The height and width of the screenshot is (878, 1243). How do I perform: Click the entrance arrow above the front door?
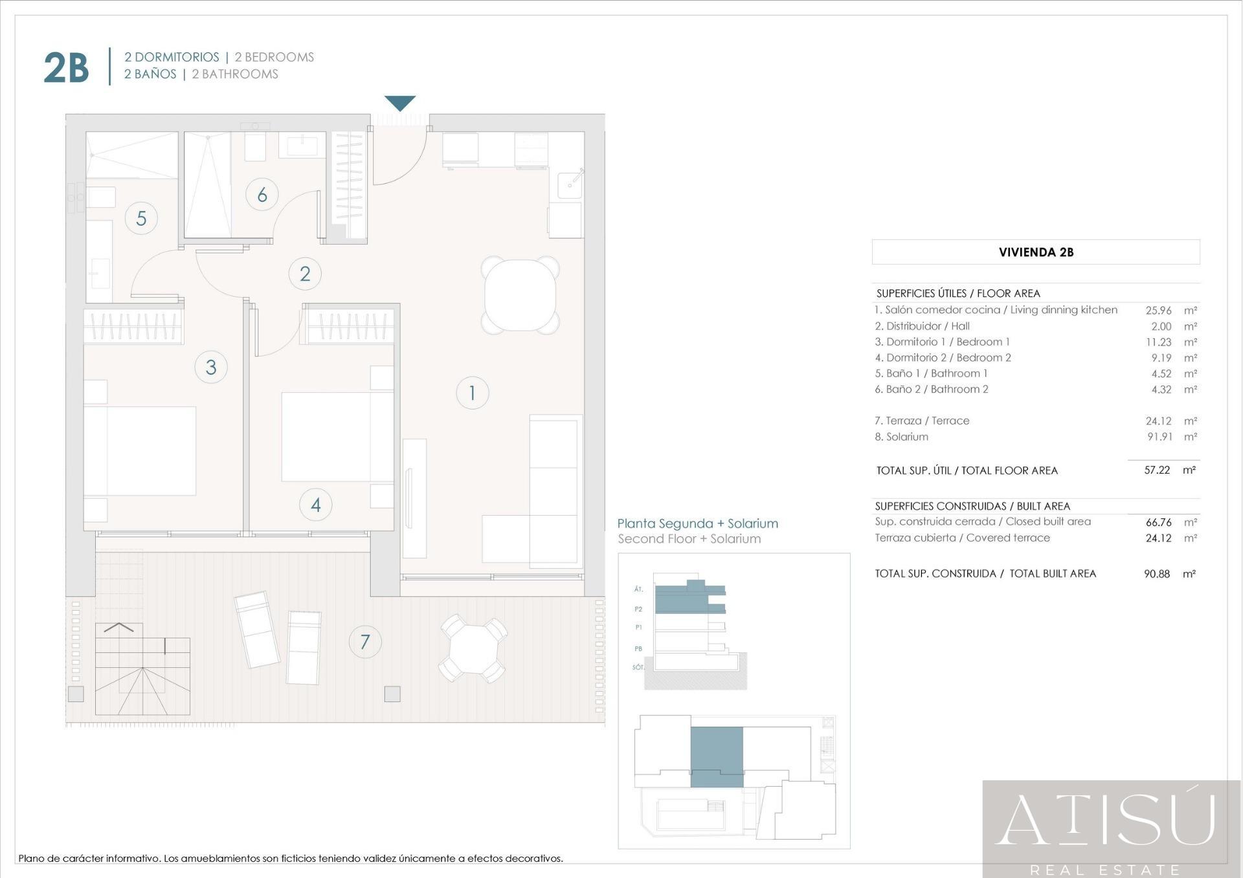[x=400, y=102]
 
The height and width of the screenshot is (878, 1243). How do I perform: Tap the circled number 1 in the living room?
[x=472, y=393]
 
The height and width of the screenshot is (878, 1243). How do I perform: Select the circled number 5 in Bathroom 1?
[x=141, y=218]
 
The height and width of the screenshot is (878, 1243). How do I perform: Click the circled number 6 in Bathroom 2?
[x=262, y=194]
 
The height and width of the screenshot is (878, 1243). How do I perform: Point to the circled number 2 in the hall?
[x=305, y=274]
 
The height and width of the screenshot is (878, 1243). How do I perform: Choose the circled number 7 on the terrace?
[x=365, y=642]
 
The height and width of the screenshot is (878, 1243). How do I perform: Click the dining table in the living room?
[x=520, y=295]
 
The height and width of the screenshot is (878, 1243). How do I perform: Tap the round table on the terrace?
[x=473, y=648]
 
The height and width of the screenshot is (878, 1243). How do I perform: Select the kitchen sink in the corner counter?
[x=570, y=184]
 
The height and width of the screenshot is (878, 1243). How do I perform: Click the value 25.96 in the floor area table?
[x=1158, y=311]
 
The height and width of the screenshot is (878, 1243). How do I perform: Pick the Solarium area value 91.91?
[x=1159, y=437]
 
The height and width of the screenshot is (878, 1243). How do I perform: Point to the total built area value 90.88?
[x=1157, y=574]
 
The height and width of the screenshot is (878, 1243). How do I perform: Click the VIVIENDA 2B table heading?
[x=1036, y=252]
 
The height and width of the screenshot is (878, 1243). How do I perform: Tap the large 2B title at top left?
[x=66, y=67]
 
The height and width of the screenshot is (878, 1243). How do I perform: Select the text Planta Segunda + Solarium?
[x=697, y=523]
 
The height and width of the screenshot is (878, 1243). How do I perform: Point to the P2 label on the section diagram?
[x=638, y=609]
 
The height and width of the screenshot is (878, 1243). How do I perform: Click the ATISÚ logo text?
[x=1104, y=820]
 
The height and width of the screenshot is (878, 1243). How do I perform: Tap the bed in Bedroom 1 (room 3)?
[x=140, y=451]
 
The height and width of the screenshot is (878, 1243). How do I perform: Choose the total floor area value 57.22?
[x=1157, y=470]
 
